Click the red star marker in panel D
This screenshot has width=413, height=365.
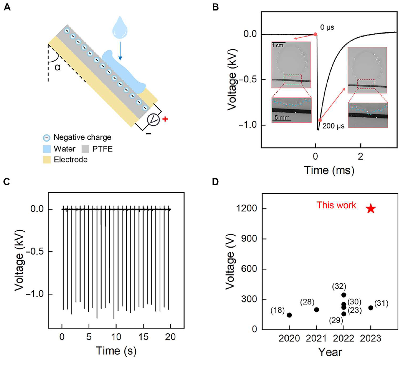click(371, 208)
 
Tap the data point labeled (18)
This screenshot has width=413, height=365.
click(289, 315)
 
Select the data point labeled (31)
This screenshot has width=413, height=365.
click(371, 308)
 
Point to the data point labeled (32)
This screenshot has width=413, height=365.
click(343, 295)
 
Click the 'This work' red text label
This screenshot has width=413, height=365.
click(336, 205)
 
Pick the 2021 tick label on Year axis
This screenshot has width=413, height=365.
click(316, 338)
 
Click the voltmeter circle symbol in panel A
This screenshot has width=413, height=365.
click(153, 119)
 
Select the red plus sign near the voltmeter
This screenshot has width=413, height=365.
click(165, 119)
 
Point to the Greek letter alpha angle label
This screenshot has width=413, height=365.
click(57, 67)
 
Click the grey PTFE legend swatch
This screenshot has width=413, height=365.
click(85, 149)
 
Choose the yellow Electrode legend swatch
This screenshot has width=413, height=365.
click(47, 160)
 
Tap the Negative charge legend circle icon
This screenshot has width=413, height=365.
click(46, 138)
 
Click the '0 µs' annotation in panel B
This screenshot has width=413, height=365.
click(327, 27)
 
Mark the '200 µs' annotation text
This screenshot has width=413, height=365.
click(333, 126)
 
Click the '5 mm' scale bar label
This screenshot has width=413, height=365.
click(282, 117)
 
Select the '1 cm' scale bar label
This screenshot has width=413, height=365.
click(277, 45)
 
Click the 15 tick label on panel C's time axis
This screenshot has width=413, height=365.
click(143, 337)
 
